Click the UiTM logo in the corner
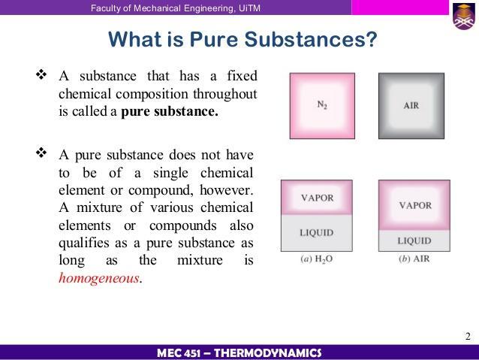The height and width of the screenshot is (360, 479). point(464,17)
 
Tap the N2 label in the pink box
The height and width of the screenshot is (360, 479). point(322,105)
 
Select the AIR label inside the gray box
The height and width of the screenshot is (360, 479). point(411,105)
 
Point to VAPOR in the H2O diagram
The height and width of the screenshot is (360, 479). point(317,198)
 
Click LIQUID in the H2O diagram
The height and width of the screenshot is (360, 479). point(317,233)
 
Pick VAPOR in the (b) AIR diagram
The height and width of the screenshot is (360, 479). point(415,205)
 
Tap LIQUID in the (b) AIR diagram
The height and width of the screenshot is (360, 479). point(414,241)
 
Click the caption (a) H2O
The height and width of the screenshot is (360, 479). point(317,259)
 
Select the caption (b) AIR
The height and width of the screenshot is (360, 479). point(414,259)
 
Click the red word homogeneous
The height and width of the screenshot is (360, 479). point(98,278)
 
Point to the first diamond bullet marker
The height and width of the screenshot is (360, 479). point(41,74)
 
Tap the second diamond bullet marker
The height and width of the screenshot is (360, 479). point(41,153)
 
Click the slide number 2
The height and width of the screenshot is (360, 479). point(468,337)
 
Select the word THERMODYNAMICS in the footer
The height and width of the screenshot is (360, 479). point(267,353)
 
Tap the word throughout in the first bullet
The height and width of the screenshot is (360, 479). point(224,94)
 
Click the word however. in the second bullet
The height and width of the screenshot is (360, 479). point(227,190)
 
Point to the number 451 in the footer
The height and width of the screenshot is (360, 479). point(193,353)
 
